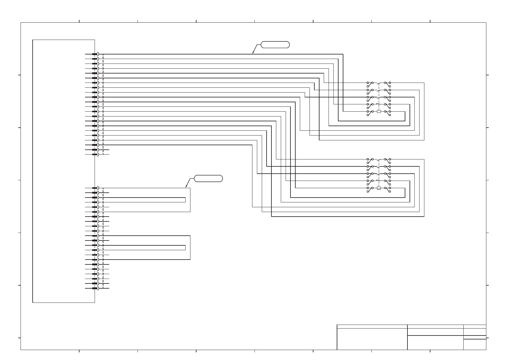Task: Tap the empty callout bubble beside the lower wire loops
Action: click(x=208, y=178)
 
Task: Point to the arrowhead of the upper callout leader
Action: click(x=253, y=53)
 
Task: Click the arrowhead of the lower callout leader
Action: click(x=186, y=187)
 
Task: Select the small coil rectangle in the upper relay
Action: click(x=379, y=112)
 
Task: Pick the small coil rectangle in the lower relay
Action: click(x=379, y=188)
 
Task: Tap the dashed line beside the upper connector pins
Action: click(x=103, y=104)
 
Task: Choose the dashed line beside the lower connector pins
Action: click(x=103, y=238)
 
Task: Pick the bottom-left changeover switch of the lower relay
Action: click(x=370, y=189)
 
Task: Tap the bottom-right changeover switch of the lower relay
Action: click(x=387, y=189)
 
